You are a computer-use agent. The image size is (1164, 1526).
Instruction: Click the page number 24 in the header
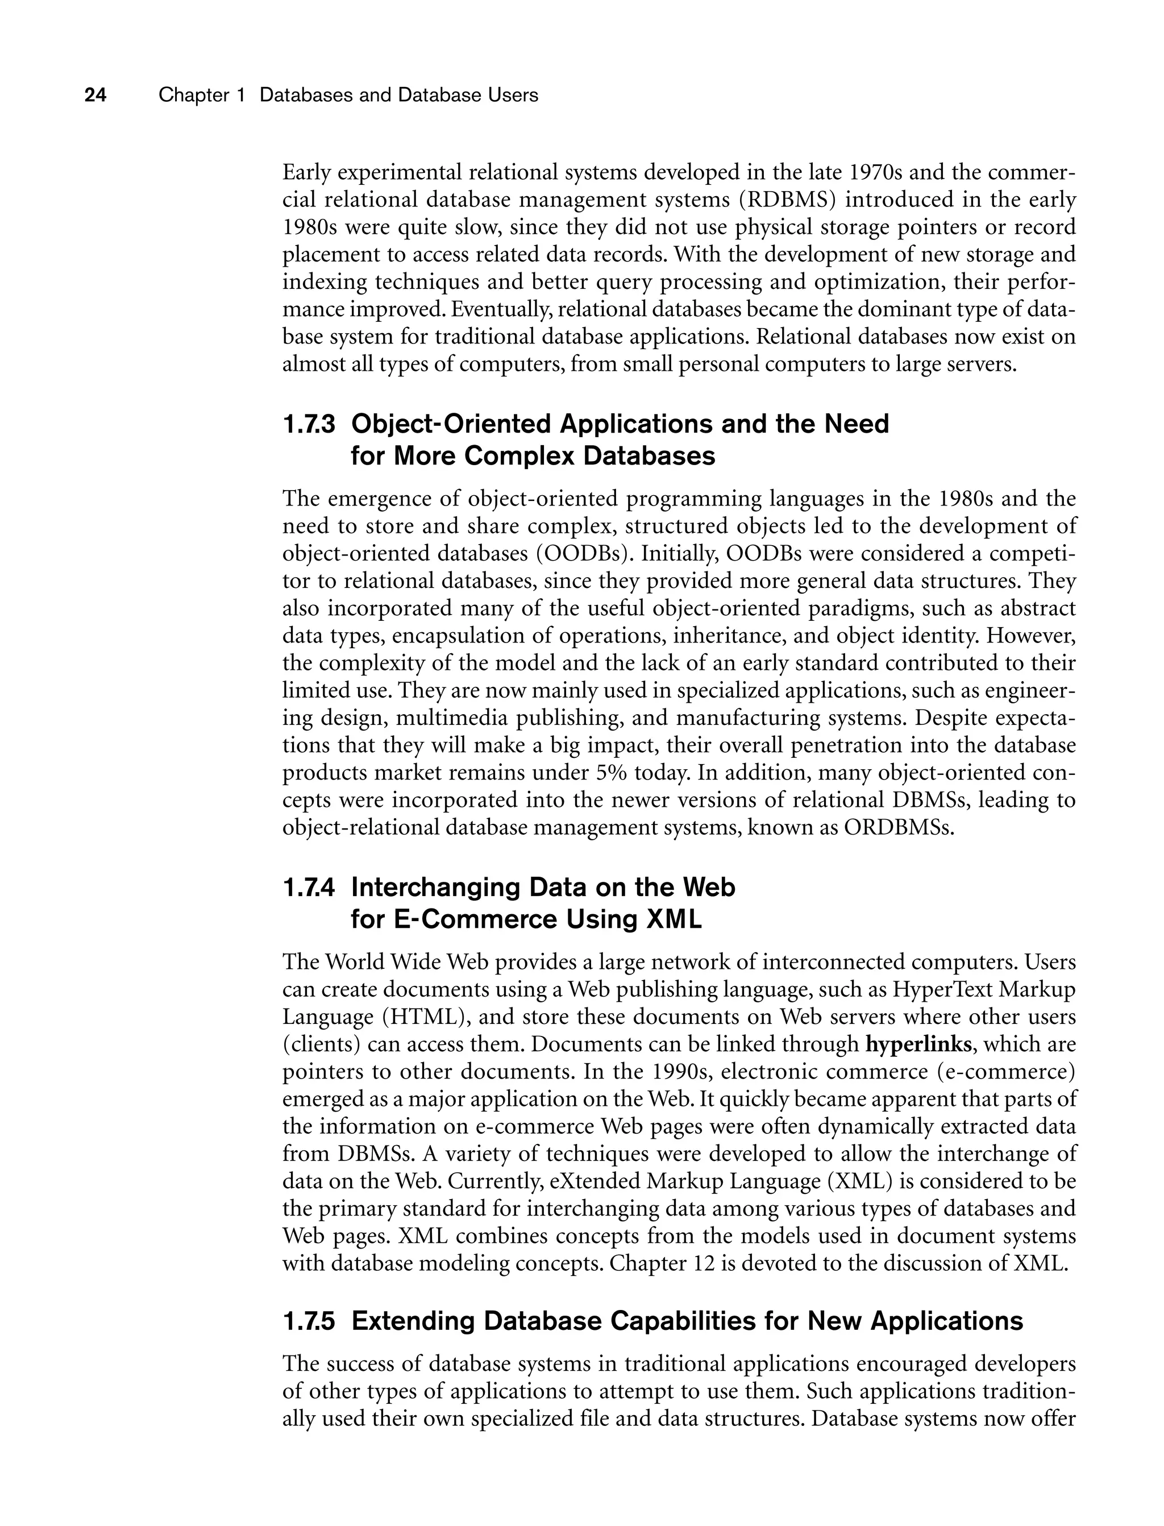95,96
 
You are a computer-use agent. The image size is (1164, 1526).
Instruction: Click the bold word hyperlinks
921,1044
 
